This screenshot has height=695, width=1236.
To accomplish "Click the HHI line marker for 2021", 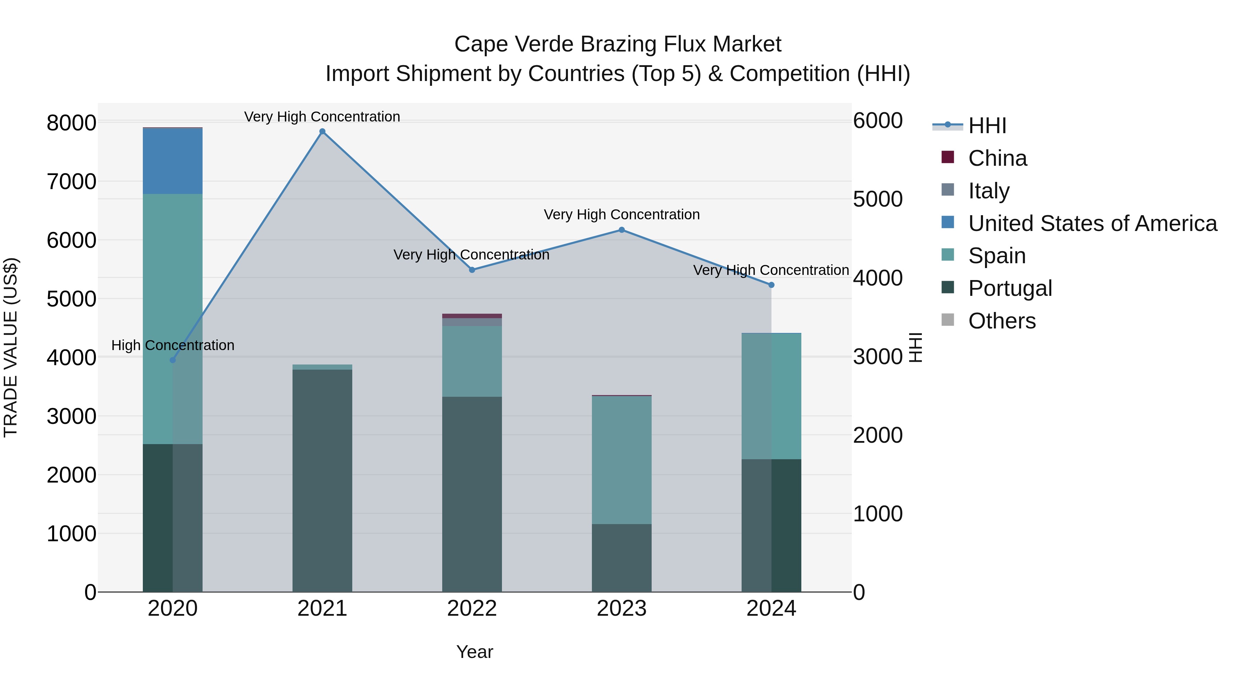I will pyautogui.click(x=322, y=131).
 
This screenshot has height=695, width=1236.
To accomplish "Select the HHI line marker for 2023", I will pyautogui.click(x=621, y=230).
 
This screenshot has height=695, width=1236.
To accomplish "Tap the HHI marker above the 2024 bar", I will pyautogui.click(x=771, y=285).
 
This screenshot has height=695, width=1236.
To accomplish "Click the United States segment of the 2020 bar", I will pyautogui.click(x=173, y=161).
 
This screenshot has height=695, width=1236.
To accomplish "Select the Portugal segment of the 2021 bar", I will pyautogui.click(x=322, y=480).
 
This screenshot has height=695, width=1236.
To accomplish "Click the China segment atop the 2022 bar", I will pyautogui.click(x=472, y=316).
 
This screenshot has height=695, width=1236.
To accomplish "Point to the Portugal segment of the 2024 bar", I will pyautogui.click(x=771, y=525).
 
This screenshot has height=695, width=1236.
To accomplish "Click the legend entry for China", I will pyautogui.click(x=997, y=158).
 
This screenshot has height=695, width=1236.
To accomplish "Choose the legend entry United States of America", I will pyautogui.click(x=1092, y=223).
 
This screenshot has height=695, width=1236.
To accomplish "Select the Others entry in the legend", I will pyautogui.click(x=1002, y=321).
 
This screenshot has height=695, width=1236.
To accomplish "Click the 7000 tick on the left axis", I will pyautogui.click(x=71, y=182).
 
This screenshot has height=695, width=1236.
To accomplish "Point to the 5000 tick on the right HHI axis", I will pyautogui.click(x=878, y=199).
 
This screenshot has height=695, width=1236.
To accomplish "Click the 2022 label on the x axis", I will pyautogui.click(x=472, y=609).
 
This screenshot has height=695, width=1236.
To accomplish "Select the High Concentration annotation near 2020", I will pyautogui.click(x=173, y=345).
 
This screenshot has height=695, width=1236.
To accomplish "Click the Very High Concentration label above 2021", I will pyautogui.click(x=322, y=117).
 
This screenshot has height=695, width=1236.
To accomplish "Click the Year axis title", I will pyautogui.click(x=474, y=652).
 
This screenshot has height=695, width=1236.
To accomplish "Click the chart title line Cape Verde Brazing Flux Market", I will pyautogui.click(x=618, y=44).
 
